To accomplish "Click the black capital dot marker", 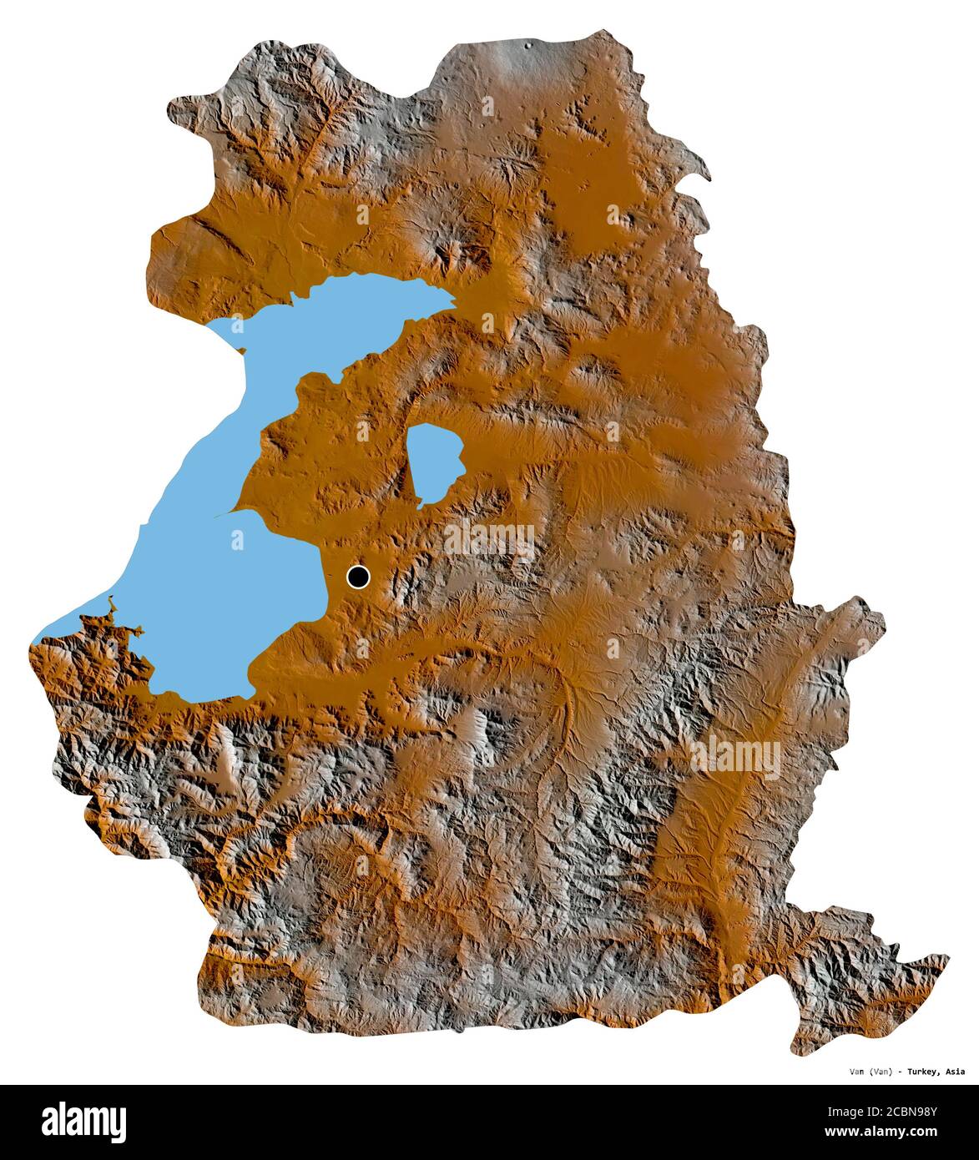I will click(358, 576).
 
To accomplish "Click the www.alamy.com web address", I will click(906, 1132).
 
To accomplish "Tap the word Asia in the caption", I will click(956, 1072).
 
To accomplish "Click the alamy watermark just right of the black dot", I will click(490, 541).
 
